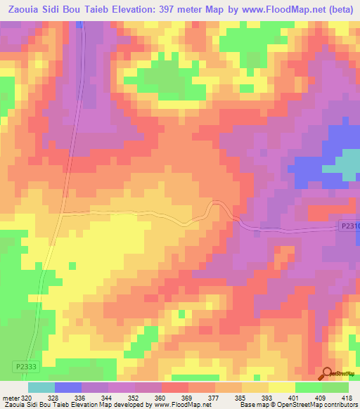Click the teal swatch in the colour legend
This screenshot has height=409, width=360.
(41, 387)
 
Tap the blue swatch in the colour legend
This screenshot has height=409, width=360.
(68, 387)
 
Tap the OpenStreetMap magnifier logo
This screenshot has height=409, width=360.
(326, 374)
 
